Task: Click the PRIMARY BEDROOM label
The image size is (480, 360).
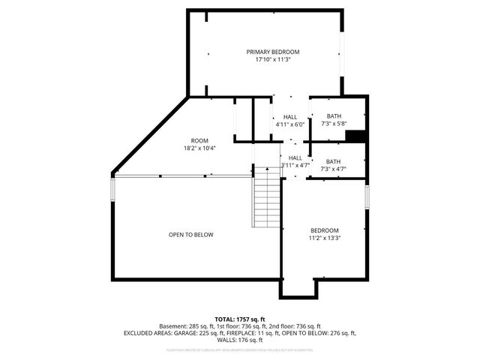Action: (x=273, y=52)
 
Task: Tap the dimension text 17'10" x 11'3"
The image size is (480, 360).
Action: (x=273, y=59)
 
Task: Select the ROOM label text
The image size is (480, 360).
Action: (x=199, y=141)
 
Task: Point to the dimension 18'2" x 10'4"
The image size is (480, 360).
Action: (x=199, y=148)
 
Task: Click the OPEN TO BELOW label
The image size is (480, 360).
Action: (x=190, y=235)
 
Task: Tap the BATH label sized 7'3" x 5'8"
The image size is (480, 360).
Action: (x=333, y=116)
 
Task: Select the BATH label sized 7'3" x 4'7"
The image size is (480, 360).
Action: (x=333, y=161)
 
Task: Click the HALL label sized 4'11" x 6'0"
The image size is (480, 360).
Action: (x=290, y=118)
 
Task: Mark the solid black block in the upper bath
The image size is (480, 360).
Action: (x=355, y=136)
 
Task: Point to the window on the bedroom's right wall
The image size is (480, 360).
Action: (x=367, y=196)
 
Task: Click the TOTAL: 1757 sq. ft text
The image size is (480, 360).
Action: (x=240, y=319)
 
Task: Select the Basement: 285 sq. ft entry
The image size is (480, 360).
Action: (x=186, y=326)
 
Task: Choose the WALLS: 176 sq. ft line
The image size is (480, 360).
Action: (x=240, y=340)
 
